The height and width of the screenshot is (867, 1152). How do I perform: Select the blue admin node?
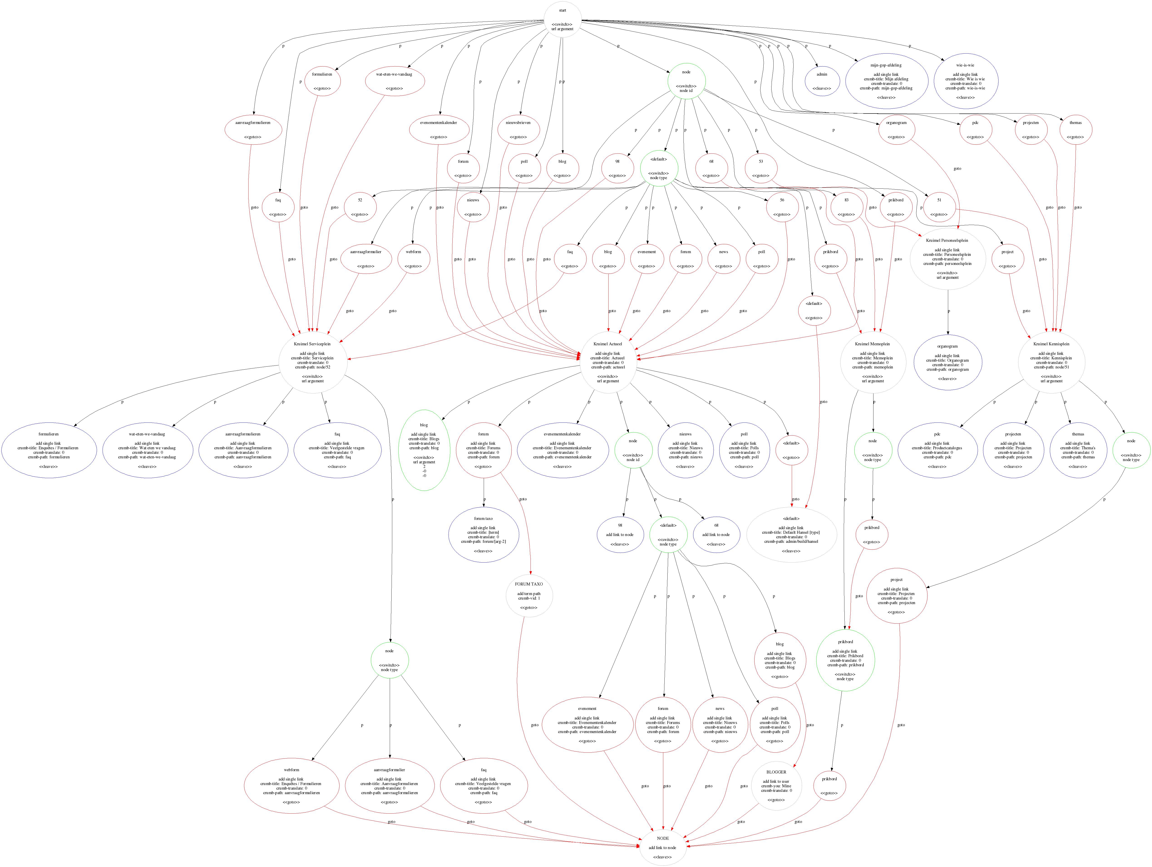pyautogui.click(x=821, y=81)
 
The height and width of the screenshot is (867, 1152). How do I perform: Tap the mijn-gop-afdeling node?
pyautogui.click(x=886, y=81)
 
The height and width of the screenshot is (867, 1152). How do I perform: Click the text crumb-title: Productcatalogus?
pyautogui.click(x=937, y=448)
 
